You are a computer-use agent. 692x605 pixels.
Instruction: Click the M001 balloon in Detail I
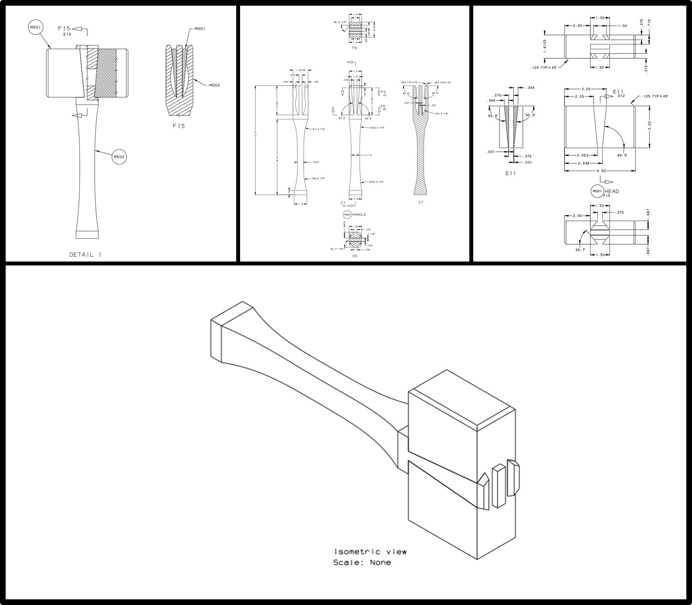click(x=35, y=28)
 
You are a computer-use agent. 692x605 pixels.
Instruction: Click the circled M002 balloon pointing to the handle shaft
click(x=119, y=156)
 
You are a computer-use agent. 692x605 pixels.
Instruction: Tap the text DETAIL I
click(x=85, y=255)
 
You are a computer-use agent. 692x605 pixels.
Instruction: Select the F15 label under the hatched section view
click(x=179, y=126)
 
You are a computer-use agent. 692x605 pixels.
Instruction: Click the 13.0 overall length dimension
click(x=256, y=140)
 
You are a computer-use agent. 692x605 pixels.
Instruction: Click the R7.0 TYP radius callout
click(x=319, y=129)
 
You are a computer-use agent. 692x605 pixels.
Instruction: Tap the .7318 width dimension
click(x=315, y=162)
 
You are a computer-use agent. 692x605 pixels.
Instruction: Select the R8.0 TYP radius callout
click(x=319, y=178)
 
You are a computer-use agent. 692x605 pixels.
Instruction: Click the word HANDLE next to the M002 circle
click(x=359, y=214)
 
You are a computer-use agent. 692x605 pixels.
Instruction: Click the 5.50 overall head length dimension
click(x=601, y=171)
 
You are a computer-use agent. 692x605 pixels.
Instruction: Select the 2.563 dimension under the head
click(x=583, y=155)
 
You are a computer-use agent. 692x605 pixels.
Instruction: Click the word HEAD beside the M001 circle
click(x=611, y=191)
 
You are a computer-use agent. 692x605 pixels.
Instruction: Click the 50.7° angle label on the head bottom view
click(x=580, y=250)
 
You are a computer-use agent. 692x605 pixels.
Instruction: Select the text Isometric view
click(x=370, y=552)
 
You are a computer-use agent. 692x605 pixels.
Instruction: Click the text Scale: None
click(x=362, y=562)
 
